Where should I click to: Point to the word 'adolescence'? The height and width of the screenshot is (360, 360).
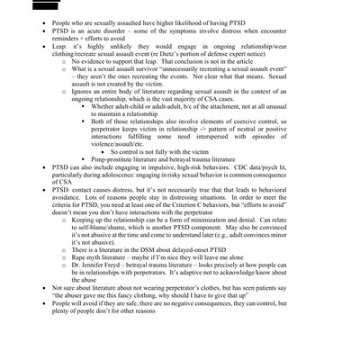[117, 240]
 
